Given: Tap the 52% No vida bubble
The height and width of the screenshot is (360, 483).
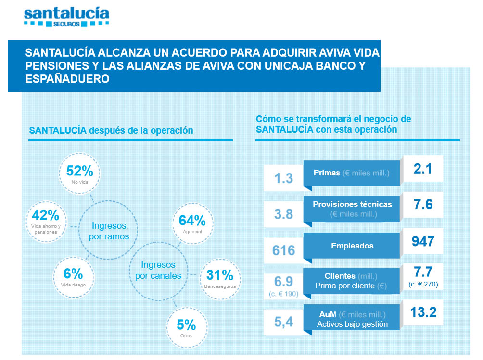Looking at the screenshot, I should click(80, 174).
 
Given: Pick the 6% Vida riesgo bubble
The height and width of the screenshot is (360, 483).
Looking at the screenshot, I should click(73, 276).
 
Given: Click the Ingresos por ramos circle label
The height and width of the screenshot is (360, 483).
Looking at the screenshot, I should click(110, 231).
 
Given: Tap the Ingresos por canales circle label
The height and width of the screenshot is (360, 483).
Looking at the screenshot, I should click(158, 270).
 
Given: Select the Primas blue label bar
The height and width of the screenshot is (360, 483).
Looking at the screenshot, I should click(351, 173).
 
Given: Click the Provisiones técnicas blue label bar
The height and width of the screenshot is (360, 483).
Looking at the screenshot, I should click(352, 209).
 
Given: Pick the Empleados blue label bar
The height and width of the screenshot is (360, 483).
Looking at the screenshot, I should click(352, 246).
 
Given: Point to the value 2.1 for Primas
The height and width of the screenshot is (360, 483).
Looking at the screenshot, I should click(423, 169).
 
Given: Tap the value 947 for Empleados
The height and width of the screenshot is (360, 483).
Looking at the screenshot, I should click(423, 241).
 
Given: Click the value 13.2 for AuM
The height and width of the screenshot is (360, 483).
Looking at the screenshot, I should click(423, 313).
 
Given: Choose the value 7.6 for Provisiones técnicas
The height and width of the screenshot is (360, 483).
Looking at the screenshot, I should click(423, 205).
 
